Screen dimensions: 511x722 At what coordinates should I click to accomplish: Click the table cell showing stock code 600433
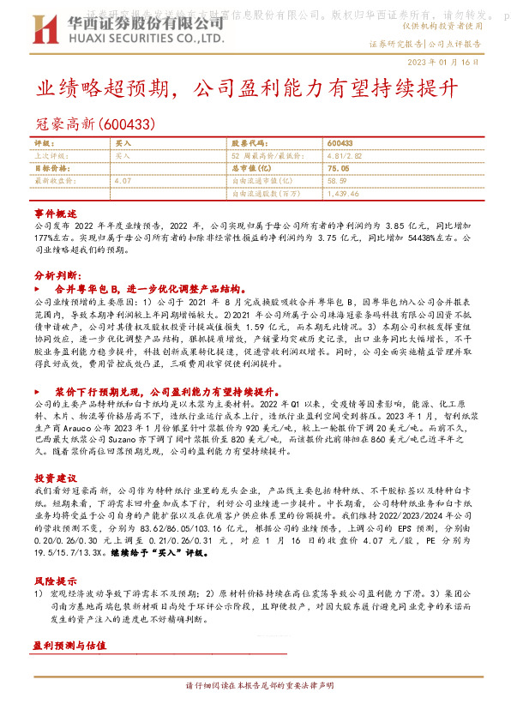pos(340,144)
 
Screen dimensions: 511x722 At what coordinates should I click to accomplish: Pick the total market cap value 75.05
pos(339,169)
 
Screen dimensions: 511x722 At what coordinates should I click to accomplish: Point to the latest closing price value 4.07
pos(123,181)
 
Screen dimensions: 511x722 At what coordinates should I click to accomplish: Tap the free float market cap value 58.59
pos(337,181)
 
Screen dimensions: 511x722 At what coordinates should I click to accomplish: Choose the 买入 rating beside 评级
pos(123,144)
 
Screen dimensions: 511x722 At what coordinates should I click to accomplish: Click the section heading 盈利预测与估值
pos(69,670)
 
